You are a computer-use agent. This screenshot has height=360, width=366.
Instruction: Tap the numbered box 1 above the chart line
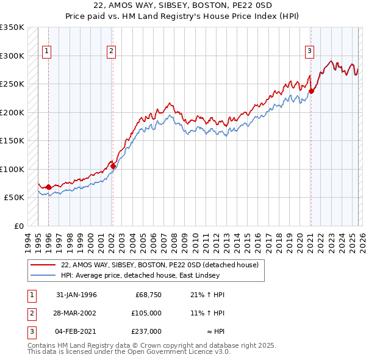coord(47,52)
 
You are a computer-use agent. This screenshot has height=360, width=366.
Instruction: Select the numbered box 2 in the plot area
coord(111,52)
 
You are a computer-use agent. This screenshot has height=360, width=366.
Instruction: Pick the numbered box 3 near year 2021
coord(309,52)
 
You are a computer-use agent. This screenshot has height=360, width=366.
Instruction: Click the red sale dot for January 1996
coord(48,187)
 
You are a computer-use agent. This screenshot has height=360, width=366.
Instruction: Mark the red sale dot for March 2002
coord(113,166)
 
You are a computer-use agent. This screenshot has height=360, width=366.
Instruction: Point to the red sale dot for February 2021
coord(311,92)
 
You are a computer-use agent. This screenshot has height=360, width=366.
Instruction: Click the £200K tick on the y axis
coord(13,112)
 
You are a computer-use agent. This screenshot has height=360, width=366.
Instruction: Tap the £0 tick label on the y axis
coord(20,226)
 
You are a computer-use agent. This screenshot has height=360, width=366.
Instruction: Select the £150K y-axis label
coord(13,140)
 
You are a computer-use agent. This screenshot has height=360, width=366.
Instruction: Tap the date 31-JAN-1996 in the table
coord(76,295)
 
